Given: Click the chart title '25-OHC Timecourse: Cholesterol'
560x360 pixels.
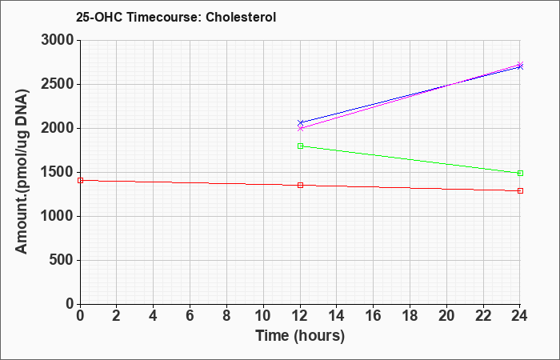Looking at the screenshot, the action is click(176, 17).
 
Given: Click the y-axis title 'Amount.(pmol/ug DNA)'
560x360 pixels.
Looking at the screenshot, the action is click(22, 171).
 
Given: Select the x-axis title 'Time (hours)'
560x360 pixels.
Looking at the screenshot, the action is click(300, 336).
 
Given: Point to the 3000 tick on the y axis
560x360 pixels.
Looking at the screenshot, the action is click(58, 40).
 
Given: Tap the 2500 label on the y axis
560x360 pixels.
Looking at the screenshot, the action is click(58, 84).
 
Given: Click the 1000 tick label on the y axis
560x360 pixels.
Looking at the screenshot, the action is click(58, 216).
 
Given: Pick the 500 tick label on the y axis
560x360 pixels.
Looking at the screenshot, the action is click(62, 260).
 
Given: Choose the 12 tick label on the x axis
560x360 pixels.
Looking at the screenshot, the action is click(300, 316).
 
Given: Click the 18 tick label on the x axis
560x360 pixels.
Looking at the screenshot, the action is click(410, 316).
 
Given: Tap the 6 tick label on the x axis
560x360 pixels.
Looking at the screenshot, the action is click(190, 316).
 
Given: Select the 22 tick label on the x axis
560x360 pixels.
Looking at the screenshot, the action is click(483, 316).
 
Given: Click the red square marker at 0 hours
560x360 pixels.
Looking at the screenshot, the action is click(80, 180).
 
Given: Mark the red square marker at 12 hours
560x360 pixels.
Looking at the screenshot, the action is click(300, 185).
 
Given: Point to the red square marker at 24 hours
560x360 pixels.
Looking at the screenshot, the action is click(520, 190).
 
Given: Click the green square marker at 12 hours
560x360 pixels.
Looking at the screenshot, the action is click(300, 146).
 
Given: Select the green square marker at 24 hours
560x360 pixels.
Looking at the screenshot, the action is click(520, 174).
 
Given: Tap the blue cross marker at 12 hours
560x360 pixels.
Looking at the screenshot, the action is click(300, 123).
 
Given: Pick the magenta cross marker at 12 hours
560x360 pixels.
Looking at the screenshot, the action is click(300, 128).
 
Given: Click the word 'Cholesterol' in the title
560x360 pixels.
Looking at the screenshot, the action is click(241, 17).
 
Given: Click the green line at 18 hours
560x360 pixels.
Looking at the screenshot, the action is click(410, 160).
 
